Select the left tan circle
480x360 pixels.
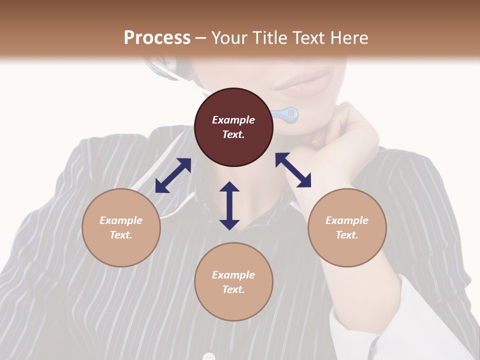click(121, 227)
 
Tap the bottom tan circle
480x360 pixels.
click(233, 282)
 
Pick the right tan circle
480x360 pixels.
click(347, 227)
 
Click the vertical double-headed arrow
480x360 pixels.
click(229, 205)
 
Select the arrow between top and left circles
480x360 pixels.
click(173, 175)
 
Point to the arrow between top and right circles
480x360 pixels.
click(293, 170)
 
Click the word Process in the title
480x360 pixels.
click(157, 38)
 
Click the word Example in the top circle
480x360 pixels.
click(233, 120)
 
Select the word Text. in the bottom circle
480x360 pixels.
click(233, 289)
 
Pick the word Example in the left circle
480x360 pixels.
click(121, 220)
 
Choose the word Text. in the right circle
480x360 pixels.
click(347, 235)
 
